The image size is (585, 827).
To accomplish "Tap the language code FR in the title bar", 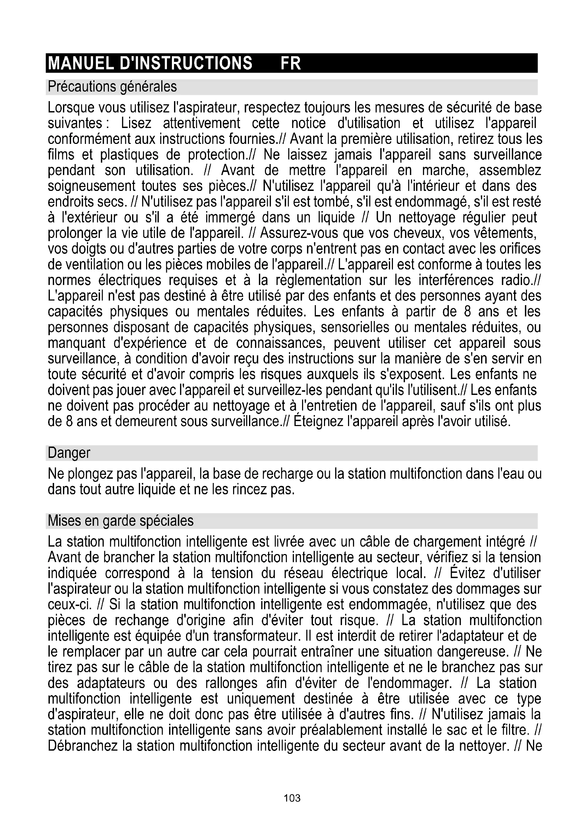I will [290, 63].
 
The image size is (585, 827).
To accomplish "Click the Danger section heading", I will [69, 453].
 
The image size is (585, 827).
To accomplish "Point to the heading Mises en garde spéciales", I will [121, 521].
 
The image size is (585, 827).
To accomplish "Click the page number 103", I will [292, 798].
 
